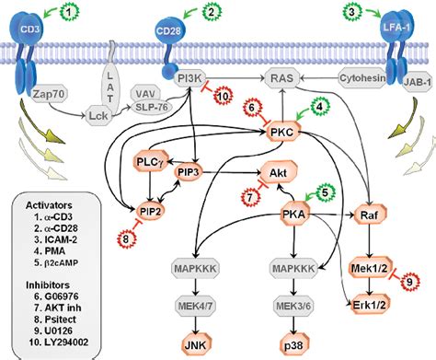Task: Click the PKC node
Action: [283, 135]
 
